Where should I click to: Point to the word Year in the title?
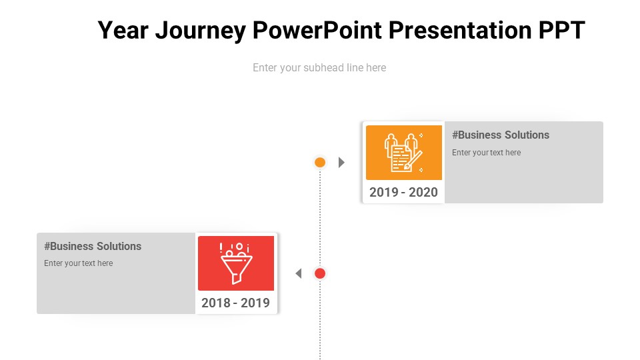[123, 30]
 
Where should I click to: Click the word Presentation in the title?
[460, 30]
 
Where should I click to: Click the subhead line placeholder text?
[319, 67]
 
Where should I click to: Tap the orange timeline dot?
[320, 163]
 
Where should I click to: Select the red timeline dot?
[320, 273]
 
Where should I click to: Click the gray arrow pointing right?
[341, 163]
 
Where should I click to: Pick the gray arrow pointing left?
[299, 273]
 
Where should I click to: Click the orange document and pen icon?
[404, 153]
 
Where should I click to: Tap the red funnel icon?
[236, 263]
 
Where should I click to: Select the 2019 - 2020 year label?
[403, 192]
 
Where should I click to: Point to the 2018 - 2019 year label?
[235, 303]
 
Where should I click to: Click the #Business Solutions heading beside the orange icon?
[501, 135]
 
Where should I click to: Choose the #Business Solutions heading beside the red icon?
[93, 246]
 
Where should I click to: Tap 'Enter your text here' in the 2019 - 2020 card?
[486, 153]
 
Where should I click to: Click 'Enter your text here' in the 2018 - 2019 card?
[79, 263]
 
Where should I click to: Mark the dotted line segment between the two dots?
[320, 218]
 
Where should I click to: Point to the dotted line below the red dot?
[320, 319]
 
